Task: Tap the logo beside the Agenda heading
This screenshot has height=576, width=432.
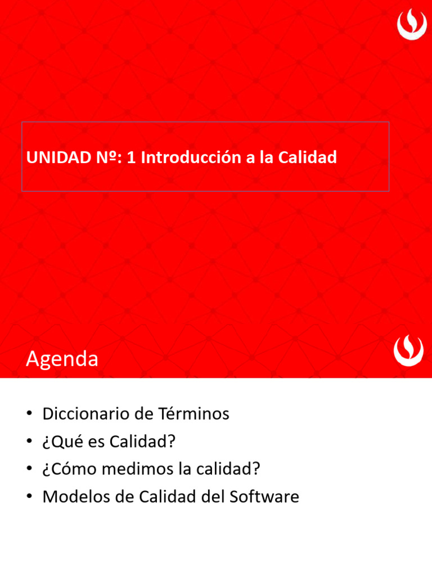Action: click(x=408, y=351)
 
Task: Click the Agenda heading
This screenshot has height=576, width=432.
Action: click(x=62, y=359)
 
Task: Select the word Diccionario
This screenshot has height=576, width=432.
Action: click(x=86, y=414)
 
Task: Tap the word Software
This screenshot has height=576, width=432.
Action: click(x=264, y=497)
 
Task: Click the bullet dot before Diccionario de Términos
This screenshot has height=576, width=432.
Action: click(x=29, y=415)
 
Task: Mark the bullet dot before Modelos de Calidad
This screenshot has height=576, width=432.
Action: click(x=29, y=497)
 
